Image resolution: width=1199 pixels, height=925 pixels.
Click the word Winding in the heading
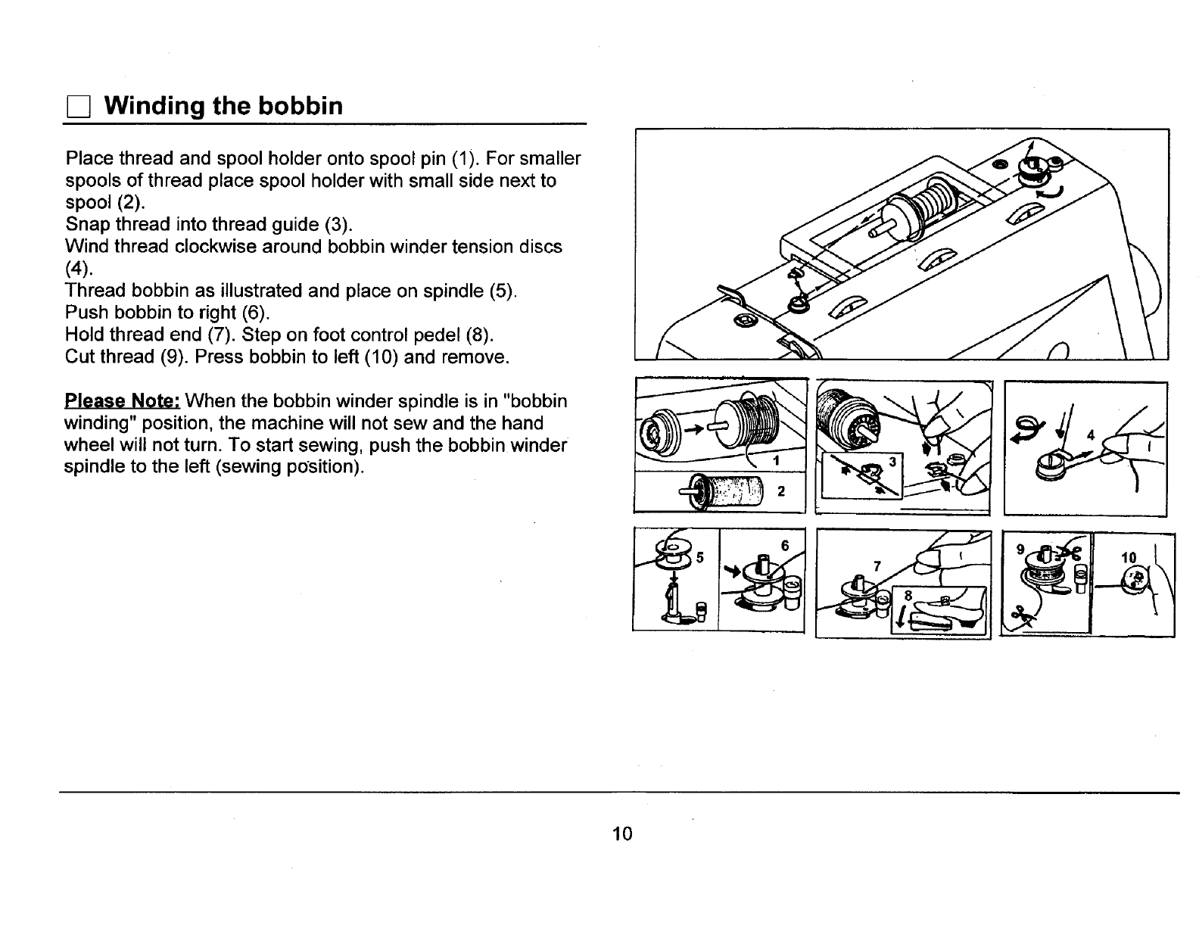[153, 106]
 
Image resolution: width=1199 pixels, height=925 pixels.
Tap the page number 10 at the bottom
[622, 834]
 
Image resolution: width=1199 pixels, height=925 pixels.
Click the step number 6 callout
[785, 546]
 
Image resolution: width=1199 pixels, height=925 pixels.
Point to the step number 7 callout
[877, 566]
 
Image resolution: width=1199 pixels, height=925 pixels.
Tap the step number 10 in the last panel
[1129, 558]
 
